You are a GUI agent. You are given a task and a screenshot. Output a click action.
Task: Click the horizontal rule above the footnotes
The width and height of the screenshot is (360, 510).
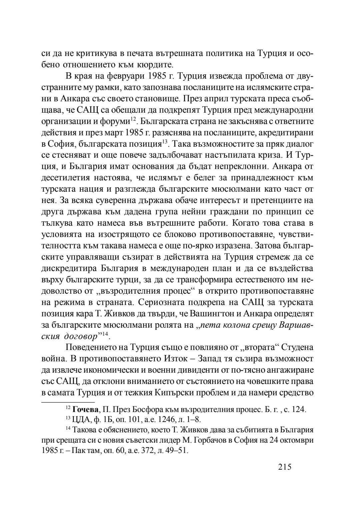(x=68, y=402)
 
